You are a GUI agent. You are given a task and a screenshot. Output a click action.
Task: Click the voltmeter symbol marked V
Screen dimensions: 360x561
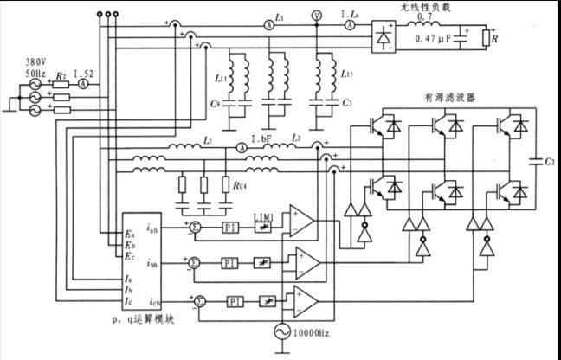pos(315,15)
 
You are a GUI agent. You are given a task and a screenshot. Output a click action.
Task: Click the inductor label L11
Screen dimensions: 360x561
pos(221,80)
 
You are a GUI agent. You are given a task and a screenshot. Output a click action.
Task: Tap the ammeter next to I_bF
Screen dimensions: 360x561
pos(244,149)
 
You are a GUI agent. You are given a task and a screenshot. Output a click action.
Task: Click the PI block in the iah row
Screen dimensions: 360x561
pos(229,228)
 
